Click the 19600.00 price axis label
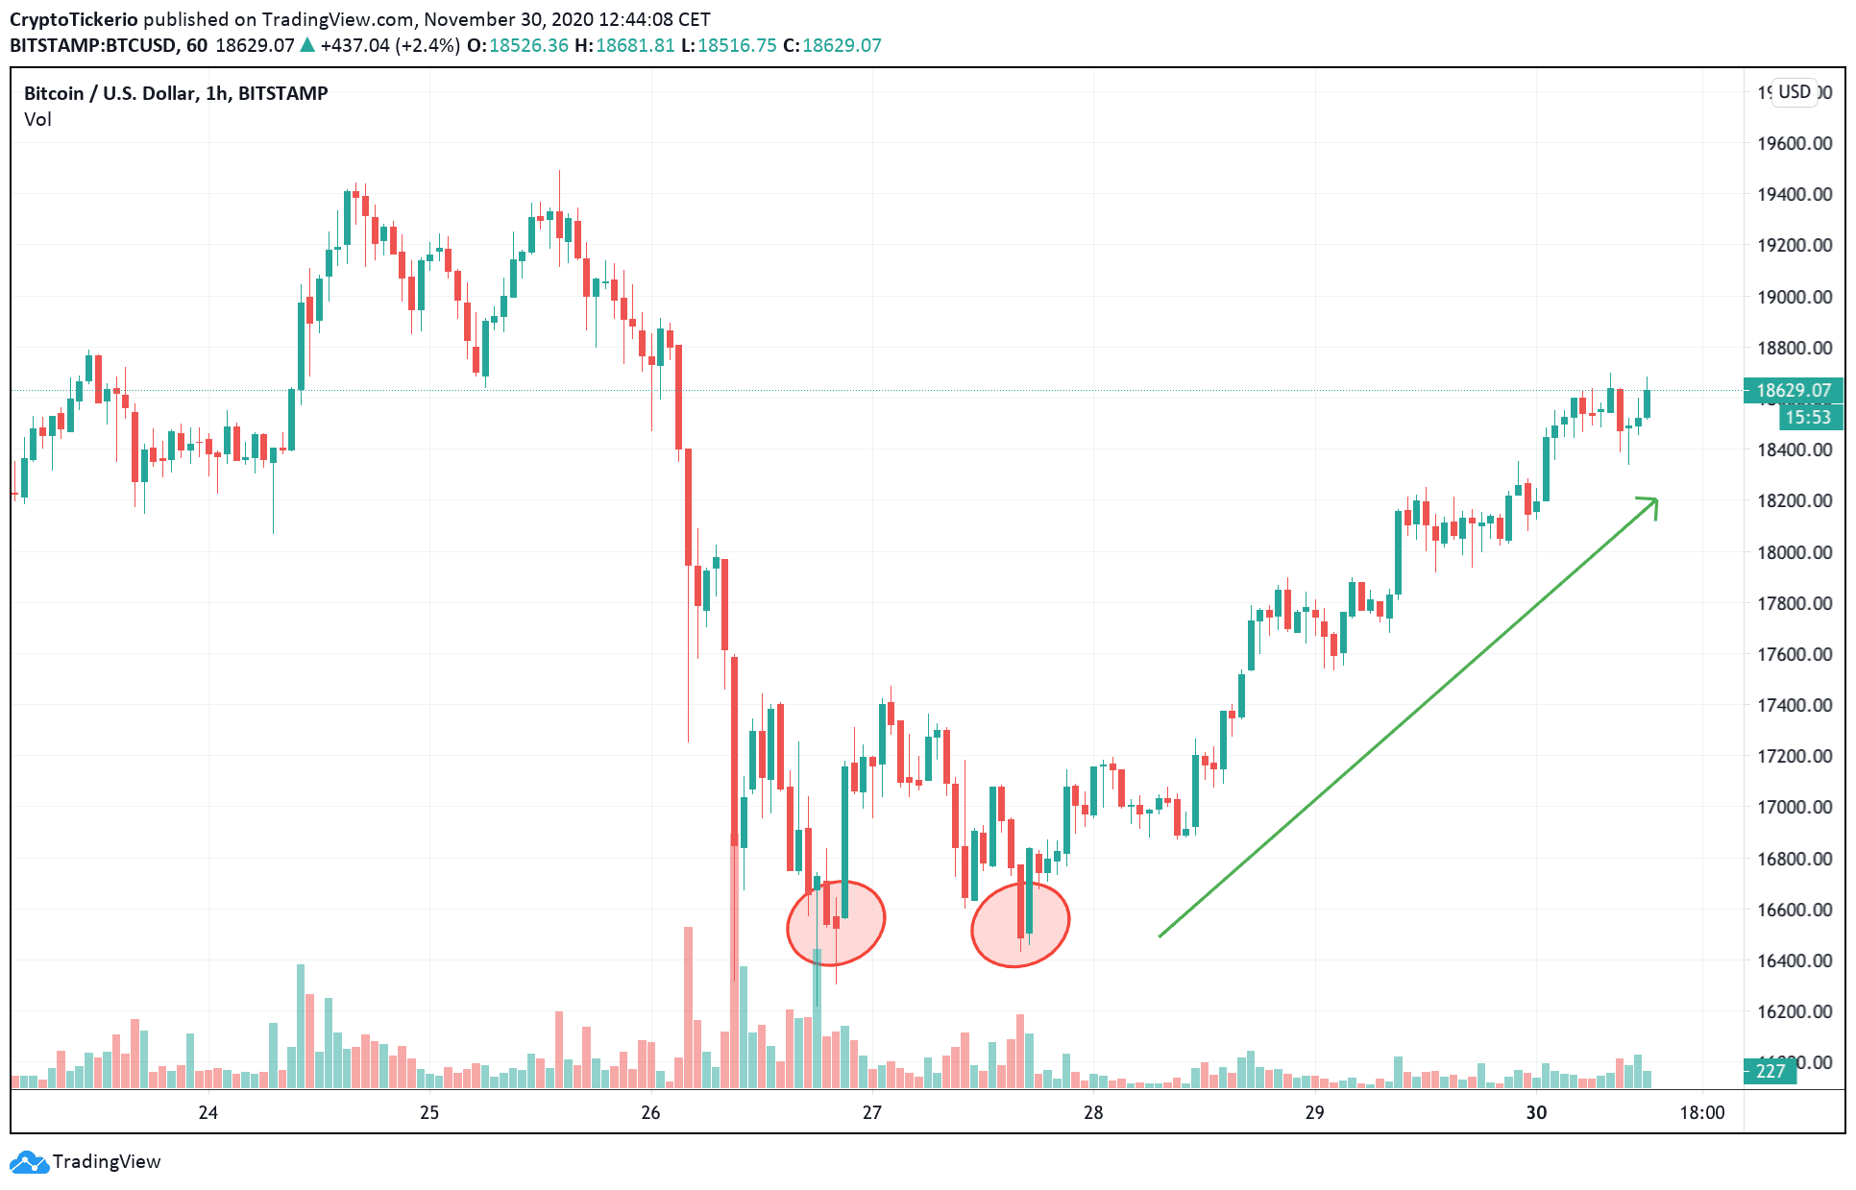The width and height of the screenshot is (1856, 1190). click(x=1794, y=143)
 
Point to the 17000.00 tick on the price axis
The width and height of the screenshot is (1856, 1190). click(x=1794, y=807)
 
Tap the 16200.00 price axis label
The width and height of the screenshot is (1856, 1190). click(x=1794, y=1011)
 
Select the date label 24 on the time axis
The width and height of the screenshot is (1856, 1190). click(x=208, y=1112)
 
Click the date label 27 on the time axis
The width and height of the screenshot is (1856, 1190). click(x=871, y=1112)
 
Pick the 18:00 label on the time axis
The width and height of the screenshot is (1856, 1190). click(x=1701, y=1112)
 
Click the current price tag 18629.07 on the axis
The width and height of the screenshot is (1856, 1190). click(x=1793, y=390)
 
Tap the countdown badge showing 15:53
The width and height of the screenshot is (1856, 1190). click(x=1808, y=417)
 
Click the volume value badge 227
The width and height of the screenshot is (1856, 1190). click(x=1770, y=1071)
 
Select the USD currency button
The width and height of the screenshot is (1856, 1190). click(x=1794, y=92)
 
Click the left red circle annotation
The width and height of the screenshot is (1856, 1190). click(x=836, y=923)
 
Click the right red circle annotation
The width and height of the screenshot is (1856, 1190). click(x=1019, y=924)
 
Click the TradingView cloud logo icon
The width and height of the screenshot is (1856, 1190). click(x=28, y=1162)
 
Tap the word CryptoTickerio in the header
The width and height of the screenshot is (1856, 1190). click(x=74, y=19)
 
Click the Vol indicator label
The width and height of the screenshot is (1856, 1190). click(x=37, y=119)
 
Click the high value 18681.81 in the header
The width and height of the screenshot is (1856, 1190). click(x=635, y=45)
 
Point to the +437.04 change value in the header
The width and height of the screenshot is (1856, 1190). click(x=354, y=45)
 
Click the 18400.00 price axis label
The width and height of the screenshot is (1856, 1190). click(x=1794, y=449)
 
